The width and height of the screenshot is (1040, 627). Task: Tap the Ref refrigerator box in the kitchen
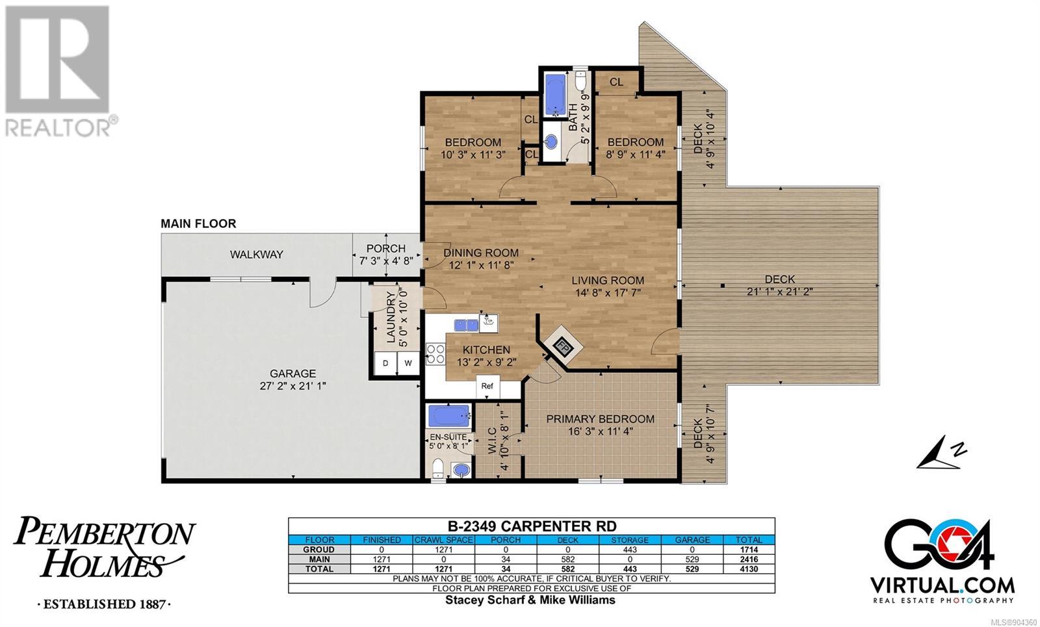[487, 387]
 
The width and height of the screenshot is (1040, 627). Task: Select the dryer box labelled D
[385, 363]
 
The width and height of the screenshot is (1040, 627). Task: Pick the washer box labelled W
[408, 363]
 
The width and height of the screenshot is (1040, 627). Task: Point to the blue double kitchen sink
[466, 326]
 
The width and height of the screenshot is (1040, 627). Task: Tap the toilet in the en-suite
[437, 468]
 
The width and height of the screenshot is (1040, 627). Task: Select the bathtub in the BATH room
[555, 95]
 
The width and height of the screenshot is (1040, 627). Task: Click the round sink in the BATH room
[551, 142]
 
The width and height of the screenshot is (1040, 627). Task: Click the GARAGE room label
[293, 374]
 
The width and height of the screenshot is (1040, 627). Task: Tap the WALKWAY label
[257, 254]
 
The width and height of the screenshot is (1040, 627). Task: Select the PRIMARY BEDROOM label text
[601, 419]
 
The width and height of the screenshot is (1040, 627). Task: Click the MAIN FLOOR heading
[198, 224]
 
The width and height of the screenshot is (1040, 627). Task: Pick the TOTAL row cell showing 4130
[749, 569]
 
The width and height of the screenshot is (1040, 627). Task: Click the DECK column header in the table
[568, 540]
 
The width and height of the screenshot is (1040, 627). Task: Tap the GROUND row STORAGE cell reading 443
[630, 550]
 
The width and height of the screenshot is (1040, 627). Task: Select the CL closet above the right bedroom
[616, 82]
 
